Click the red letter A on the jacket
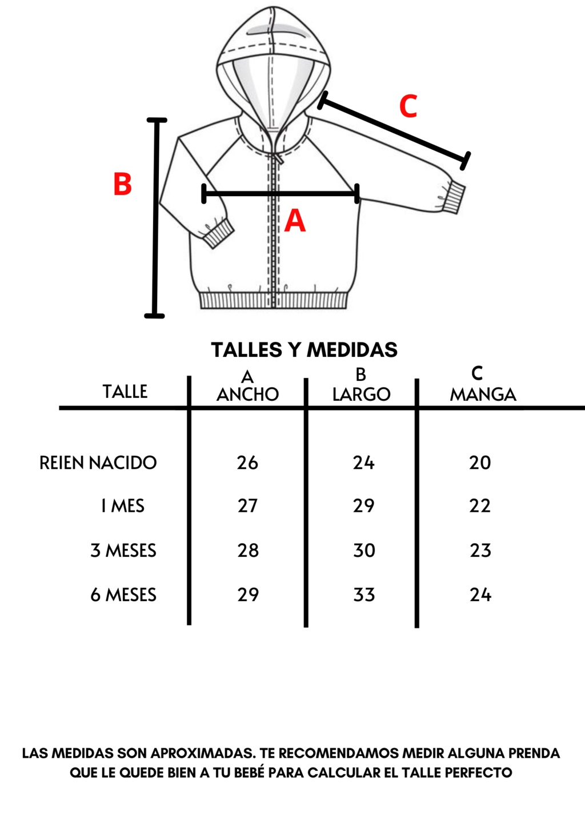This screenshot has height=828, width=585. [x=295, y=221]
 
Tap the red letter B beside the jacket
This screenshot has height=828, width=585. [x=123, y=184]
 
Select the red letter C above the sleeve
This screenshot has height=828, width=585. [x=408, y=106]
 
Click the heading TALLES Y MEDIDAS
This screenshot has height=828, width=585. [x=304, y=350]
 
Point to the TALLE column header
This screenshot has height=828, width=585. [x=125, y=392]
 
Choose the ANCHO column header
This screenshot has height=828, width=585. [x=247, y=395]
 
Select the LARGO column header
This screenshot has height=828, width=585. [x=361, y=395]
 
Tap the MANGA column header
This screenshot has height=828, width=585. [x=483, y=395]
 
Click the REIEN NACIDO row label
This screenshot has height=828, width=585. [x=98, y=463]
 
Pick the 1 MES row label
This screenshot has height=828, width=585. [x=123, y=505]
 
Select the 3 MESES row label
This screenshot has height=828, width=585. [x=123, y=551]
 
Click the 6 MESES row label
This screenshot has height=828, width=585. [x=123, y=595]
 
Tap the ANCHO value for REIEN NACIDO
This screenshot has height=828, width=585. [x=247, y=463]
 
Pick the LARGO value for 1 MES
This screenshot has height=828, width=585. [x=364, y=505]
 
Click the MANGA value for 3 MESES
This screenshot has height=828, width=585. [x=480, y=551]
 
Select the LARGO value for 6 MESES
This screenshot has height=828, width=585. [x=364, y=595]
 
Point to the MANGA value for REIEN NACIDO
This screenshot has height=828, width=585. [x=480, y=463]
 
